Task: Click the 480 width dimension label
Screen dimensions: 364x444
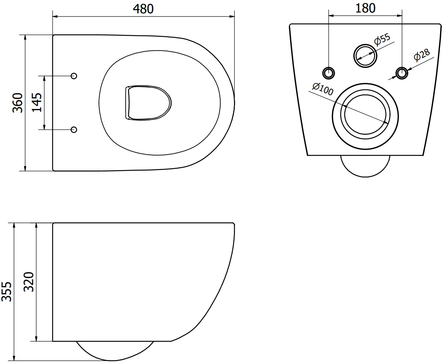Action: pyautogui.click(x=143, y=9)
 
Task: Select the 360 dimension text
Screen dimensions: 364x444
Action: pyautogui.click(x=17, y=103)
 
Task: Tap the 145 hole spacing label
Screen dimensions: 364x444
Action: pyautogui.click(x=37, y=103)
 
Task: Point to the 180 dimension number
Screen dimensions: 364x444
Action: pyautogui.click(x=365, y=8)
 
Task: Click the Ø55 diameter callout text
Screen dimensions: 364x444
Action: pyautogui.click(x=382, y=40)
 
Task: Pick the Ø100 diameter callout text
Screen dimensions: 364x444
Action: pyautogui.click(x=323, y=90)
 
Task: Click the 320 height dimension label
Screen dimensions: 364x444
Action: pyautogui.click(x=29, y=282)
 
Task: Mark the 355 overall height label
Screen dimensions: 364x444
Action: pyautogui.click(x=7, y=292)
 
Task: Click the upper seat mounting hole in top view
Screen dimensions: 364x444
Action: pyautogui.click(x=74, y=76)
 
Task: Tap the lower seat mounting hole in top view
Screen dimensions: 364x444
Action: pyautogui.click(x=74, y=129)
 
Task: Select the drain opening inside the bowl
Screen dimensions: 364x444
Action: pyautogui.click(x=148, y=102)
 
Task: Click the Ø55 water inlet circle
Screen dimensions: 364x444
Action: pyautogui.click(x=365, y=55)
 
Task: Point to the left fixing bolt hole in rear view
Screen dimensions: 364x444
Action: pyautogui.click(x=329, y=72)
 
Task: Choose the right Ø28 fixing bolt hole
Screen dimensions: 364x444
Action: pyautogui.click(x=402, y=72)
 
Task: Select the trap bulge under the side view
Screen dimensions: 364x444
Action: pyautogui.click(x=114, y=351)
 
